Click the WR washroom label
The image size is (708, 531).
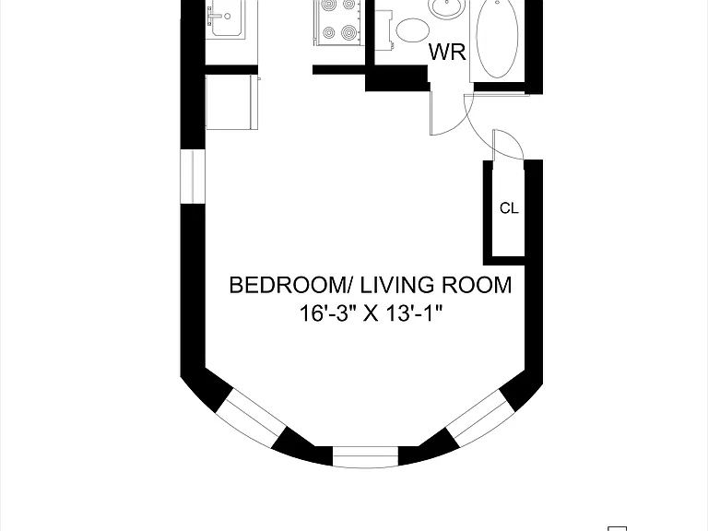click(447, 52)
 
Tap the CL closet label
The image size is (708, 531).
click(509, 208)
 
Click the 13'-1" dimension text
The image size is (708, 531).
click(414, 313)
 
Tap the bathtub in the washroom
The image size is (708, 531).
click(497, 40)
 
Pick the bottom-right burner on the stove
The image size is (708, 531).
click(348, 32)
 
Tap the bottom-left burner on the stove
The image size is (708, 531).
click(328, 32)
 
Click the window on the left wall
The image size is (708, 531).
click(193, 177)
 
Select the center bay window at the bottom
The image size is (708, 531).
click(365, 456)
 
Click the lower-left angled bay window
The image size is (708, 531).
click(251, 417)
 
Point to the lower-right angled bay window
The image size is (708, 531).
click(480, 418)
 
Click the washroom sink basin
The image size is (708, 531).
click(447, 7)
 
